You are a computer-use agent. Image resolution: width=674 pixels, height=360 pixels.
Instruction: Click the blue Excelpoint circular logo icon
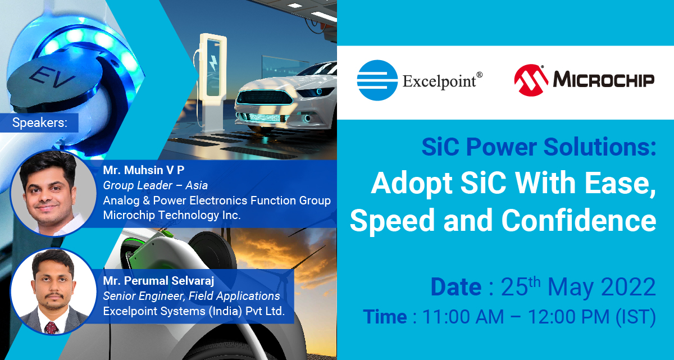[377, 80]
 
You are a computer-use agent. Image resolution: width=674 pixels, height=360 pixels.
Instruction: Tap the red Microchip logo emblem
[531, 80]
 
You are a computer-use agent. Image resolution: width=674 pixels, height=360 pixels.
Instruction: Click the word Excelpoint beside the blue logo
[439, 81]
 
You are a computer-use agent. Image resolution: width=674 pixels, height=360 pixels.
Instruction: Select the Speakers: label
[40, 122]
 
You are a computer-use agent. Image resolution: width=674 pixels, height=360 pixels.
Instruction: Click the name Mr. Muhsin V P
[144, 170]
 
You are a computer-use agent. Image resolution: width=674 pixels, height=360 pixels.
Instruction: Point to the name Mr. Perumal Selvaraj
[158, 281]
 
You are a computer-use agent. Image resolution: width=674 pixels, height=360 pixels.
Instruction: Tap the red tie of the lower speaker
[52, 328]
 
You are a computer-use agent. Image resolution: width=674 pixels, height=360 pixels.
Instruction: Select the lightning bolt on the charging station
[213, 63]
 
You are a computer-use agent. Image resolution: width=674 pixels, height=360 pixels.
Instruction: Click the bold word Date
[456, 287]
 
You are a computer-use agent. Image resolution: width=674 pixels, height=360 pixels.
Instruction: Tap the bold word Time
[385, 317]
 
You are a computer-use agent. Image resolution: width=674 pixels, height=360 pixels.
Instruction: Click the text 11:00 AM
[463, 317]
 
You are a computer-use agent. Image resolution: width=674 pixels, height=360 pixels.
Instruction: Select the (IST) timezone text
[636, 317]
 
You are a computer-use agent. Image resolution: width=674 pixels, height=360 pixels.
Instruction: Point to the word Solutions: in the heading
[600, 147]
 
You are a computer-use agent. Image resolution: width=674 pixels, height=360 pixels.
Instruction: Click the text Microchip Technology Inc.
[172, 215]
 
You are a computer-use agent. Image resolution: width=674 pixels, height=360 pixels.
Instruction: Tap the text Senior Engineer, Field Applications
[192, 296]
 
